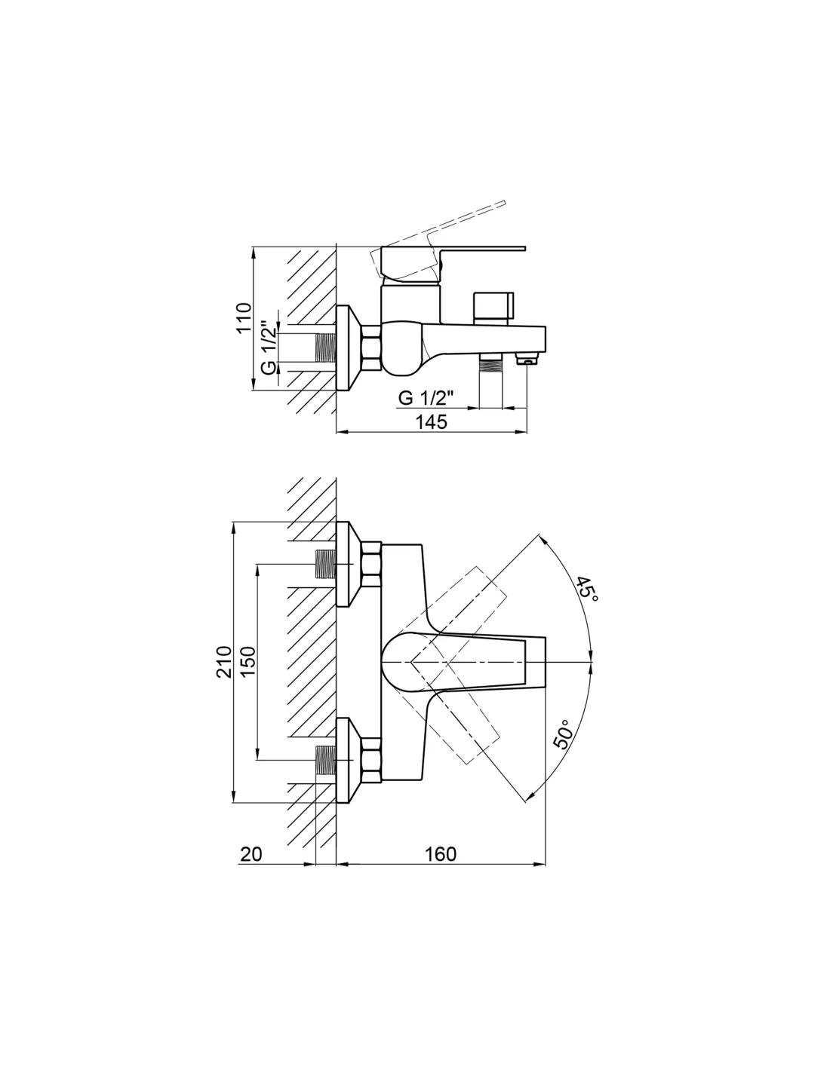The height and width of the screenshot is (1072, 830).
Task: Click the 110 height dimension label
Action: pos(244,317)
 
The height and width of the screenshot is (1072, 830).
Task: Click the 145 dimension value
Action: pos(431,422)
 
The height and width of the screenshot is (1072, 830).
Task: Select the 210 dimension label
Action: pos(224,662)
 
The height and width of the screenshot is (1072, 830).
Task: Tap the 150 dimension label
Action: pos(248,662)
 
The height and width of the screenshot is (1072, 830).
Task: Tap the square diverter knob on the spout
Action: pos(493,308)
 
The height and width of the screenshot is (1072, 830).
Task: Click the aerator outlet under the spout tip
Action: pos(527,358)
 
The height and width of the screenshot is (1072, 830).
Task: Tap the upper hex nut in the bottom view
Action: pos(371,564)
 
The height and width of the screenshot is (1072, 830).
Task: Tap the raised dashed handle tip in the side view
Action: pos(503,202)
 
